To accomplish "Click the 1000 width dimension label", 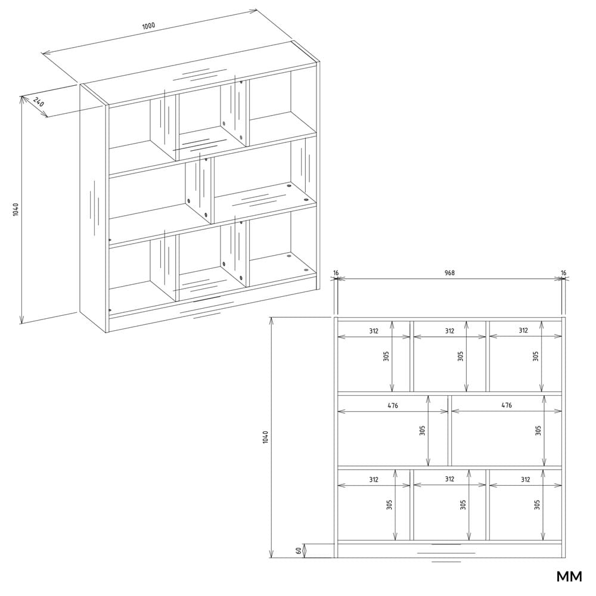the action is point(148,26).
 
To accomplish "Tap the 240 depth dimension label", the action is point(39,103).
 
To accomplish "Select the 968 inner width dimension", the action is point(449,272).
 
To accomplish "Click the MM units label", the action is point(569,576).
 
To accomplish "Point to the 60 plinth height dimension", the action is point(299,550).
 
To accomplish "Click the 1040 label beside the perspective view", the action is point(15,210).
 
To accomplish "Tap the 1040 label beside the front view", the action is point(265,437).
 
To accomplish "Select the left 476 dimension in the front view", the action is point(393,405).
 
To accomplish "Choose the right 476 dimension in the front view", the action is point(506,405).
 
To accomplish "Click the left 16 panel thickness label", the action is point(336,272).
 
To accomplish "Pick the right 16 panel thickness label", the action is point(563,272).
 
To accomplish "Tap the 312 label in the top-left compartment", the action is point(374,331).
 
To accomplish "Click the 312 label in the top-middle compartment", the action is point(449,331).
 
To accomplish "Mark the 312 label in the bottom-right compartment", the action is point(525,480).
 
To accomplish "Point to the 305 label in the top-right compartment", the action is point(536,356).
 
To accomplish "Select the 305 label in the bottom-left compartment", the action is point(389,505).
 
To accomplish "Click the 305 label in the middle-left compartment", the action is point(423,431).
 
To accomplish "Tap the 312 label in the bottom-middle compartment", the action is point(449,479).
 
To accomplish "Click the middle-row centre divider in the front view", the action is point(449,431).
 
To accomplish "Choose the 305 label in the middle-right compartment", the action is point(538,431).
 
